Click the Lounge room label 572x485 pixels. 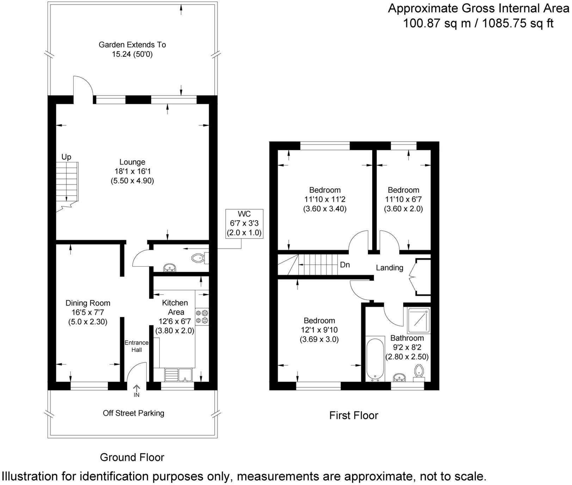(x=132, y=162)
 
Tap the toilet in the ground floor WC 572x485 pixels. (x=199, y=259)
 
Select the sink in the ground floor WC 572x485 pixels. (x=170, y=268)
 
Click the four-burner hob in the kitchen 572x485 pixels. (x=202, y=316)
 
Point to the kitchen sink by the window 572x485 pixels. (x=178, y=375)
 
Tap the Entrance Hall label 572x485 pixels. (x=136, y=346)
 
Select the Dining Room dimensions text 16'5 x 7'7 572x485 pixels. (x=88, y=312)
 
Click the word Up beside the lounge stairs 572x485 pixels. (x=66, y=157)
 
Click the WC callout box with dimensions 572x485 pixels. (x=244, y=223)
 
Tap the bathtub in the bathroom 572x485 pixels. (x=375, y=360)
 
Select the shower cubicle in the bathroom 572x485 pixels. (x=419, y=321)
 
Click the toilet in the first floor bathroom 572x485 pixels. (x=419, y=372)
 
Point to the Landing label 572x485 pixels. (x=389, y=268)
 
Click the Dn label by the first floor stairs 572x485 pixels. (x=345, y=265)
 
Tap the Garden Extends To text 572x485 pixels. (x=132, y=45)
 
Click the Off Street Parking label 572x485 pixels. (x=133, y=413)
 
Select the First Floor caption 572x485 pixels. (x=353, y=416)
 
